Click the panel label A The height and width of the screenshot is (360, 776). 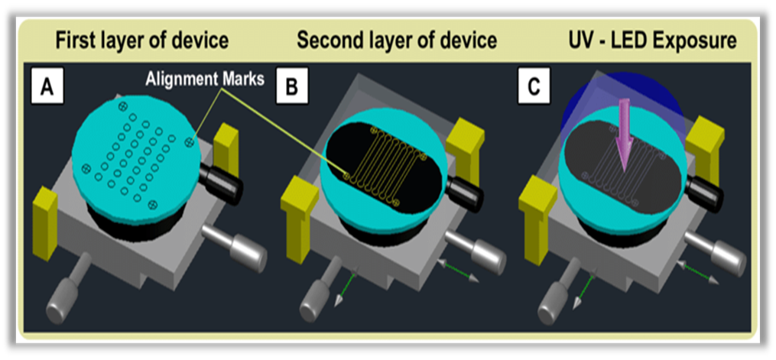(x=47, y=88)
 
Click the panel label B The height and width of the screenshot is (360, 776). (x=293, y=88)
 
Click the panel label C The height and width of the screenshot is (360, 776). (x=534, y=88)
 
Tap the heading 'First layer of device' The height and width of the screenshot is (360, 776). (x=141, y=41)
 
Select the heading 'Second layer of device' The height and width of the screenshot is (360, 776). (x=397, y=41)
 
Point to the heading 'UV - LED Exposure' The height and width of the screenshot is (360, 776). (x=653, y=41)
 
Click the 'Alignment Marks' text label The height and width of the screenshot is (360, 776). (x=205, y=79)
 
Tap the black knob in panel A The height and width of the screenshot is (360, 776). (x=221, y=181)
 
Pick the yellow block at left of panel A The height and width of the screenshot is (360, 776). (x=46, y=223)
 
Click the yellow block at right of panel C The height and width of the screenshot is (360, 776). (x=703, y=146)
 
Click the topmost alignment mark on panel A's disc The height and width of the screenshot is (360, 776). (x=123, y=105)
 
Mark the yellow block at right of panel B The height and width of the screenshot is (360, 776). (x=465, y=144)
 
